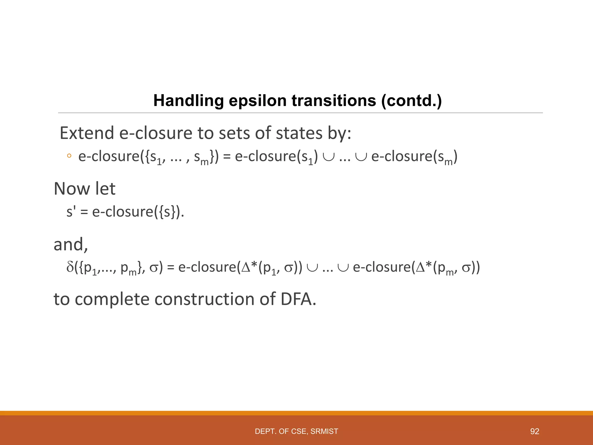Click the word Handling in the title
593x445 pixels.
point(188,101)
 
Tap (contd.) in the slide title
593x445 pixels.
point(411,101)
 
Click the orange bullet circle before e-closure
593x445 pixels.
point(69,156)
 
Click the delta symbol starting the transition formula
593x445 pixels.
point(70,267)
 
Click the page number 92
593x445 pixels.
point(535,431)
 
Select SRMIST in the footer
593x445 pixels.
point(324,431)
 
